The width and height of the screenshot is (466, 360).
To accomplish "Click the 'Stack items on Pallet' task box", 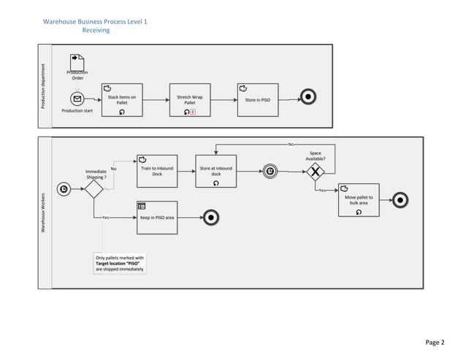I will point(122,100).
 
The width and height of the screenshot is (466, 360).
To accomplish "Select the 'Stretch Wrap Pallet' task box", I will point(190,100).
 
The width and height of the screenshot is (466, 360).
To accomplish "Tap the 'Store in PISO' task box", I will point(258,100).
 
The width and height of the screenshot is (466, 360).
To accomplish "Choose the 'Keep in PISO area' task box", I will point(157,217).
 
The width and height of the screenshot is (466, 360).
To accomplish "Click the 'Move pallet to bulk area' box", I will point(359,201).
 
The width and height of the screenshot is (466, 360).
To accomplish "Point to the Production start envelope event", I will point(77,99).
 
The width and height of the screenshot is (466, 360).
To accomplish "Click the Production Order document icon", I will point(77,61).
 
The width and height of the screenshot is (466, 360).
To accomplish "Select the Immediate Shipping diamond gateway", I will point(93,189).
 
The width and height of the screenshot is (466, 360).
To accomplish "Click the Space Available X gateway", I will point(316,172).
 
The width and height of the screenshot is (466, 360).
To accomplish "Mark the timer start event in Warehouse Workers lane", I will point(64,189).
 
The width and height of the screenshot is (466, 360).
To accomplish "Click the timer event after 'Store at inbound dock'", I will point(270,172).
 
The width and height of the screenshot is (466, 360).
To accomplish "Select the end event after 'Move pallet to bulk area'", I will point(400,199).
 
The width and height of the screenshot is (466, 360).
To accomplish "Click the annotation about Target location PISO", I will point(120,264).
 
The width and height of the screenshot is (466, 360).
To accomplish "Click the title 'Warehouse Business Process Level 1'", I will point(96,22).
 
